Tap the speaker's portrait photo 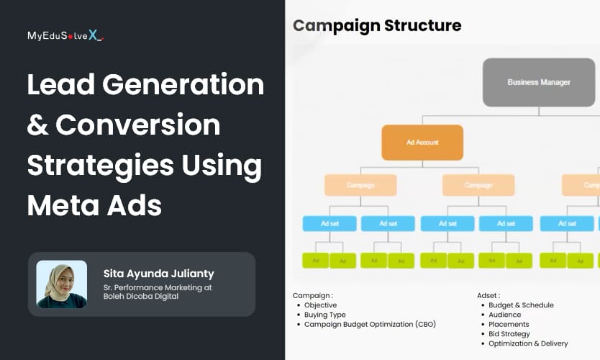pyautogui.click(x=61, y=284)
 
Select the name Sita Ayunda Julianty pyautogui.click(x=158, y=274)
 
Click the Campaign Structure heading pyautogui.click(x=376, y=26)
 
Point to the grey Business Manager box pyautogui.click(x=539, y=82)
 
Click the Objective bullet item pyautogui.click(x=320, y=305)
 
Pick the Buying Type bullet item pyautogui.click(x=324, y=315)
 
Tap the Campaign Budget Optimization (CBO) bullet pyautogui.click(x=370, y=324)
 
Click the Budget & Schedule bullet pyautogui.click(x=521, y=305)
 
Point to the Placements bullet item pyautogui.click(x=509, y=324)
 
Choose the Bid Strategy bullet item pyautogui.click(x=509, y=334)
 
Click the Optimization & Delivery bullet pyautogui.click(x=528, y=343)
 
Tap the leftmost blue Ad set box pyautogui.click(x=329, y=223)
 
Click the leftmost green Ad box pyautogui.click(x=315, y=261)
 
